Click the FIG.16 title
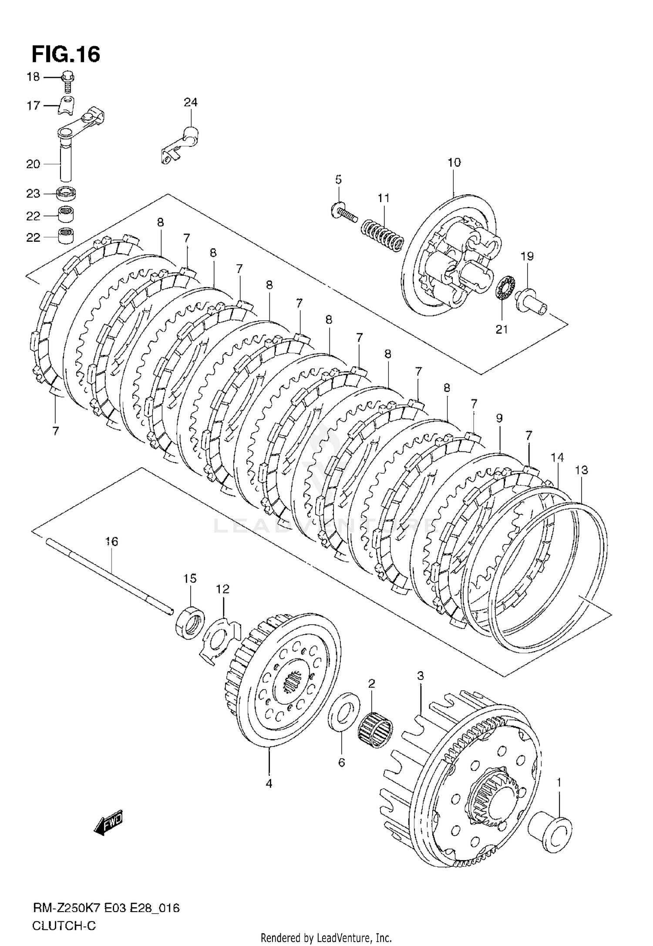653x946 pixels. (x=66, y=54)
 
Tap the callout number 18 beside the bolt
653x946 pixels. (x=33, y=77)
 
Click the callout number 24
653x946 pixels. (x=190, y=102)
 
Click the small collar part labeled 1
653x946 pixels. (x=550, y=833)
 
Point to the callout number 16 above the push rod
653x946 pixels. (x=111, y=541)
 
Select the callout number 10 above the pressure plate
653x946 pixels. (x=454, y=162)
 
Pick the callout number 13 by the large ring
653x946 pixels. (x=581, y=470)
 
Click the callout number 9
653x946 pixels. (x=499, y=418)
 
